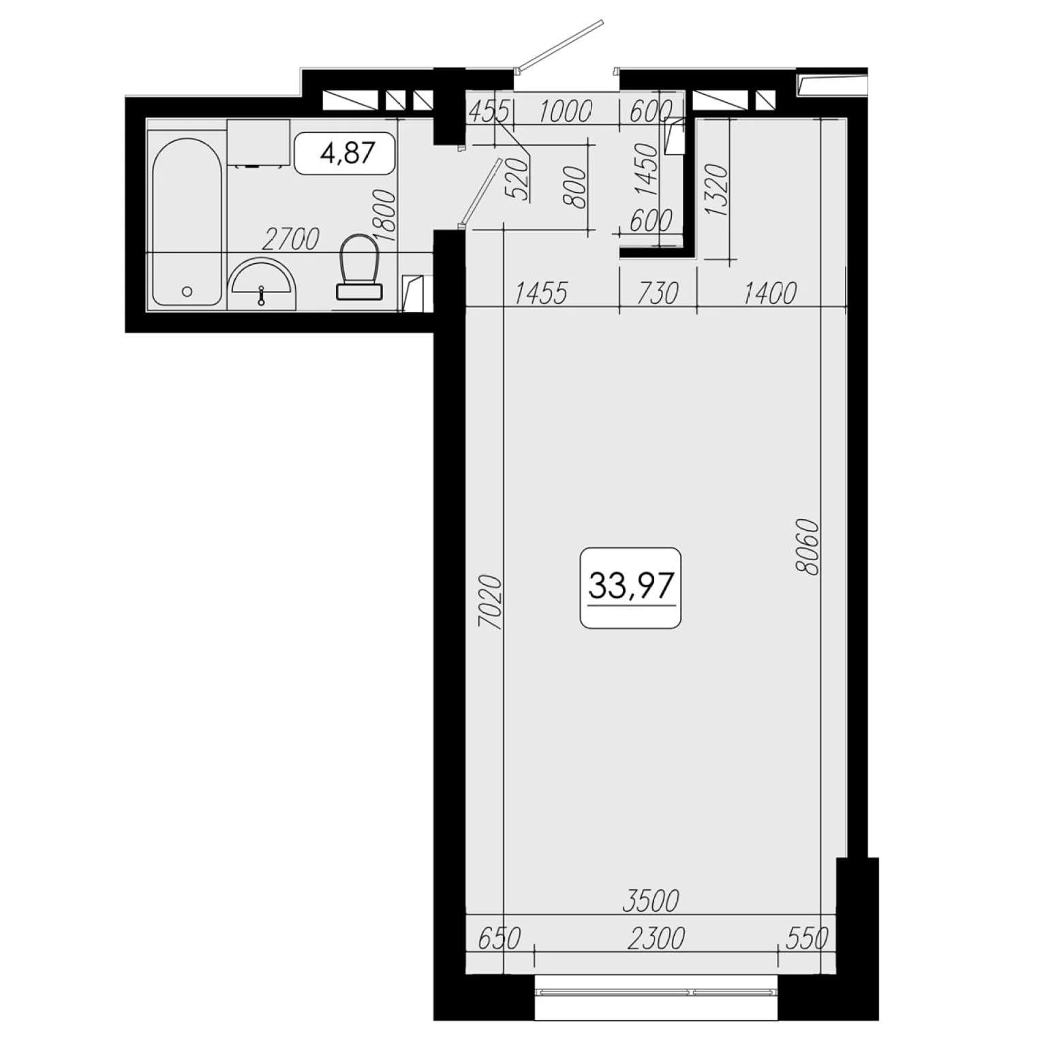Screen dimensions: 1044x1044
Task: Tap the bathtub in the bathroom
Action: click(187, 221)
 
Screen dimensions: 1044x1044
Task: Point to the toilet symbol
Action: click(359, 266)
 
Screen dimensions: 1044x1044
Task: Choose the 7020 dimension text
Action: click(491, 602)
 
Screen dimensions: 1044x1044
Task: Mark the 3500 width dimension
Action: click(651, 900)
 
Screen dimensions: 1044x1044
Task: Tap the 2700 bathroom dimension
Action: click(290, 239)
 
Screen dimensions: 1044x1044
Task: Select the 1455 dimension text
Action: click(540, 293)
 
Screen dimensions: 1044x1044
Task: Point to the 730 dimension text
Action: click(658, 293)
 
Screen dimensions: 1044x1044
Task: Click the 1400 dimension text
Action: click(769, 293)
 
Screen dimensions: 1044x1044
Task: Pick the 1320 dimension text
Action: click(718, 189)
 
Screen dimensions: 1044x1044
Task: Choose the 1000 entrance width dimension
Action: click(565, 110)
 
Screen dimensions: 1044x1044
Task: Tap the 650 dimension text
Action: click(499, 938)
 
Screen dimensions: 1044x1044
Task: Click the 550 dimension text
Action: click(807, 938)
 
